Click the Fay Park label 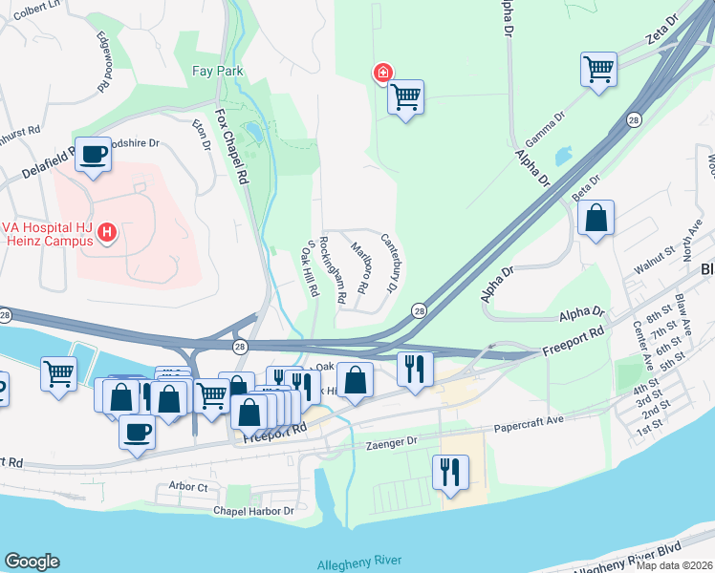218,71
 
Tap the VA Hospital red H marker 108,232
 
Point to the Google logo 32,562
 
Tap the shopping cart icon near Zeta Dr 597,70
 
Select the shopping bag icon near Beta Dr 596,218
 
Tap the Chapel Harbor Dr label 253,512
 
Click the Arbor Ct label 188,487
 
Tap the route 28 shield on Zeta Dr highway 634,119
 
